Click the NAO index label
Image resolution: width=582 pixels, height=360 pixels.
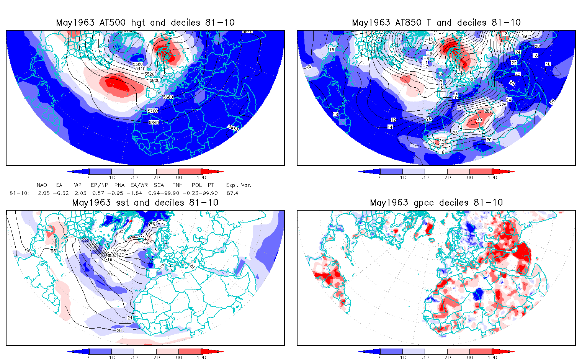[x=42, y=185]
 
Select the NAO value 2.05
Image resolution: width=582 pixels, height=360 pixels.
[x=44, y=193]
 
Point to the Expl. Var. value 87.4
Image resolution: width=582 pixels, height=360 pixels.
[x=232, y=193]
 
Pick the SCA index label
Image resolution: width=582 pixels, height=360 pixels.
[x=159, y=185]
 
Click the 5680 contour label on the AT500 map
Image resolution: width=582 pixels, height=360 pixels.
[x=168, y=97]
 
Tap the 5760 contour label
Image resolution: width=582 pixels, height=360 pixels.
[x=152, y=111]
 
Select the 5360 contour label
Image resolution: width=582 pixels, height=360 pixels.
[x=137, y=64]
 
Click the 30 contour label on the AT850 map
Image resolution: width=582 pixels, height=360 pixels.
[x=479, y=120]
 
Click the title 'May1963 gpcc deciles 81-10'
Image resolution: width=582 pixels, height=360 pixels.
[x=436, y=203]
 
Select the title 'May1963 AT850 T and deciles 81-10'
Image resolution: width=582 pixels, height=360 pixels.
[x=436, y=23]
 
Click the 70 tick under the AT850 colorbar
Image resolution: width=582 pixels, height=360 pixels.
[x=448, y=178]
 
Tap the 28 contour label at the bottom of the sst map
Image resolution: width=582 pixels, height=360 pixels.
[x=119, y=330]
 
